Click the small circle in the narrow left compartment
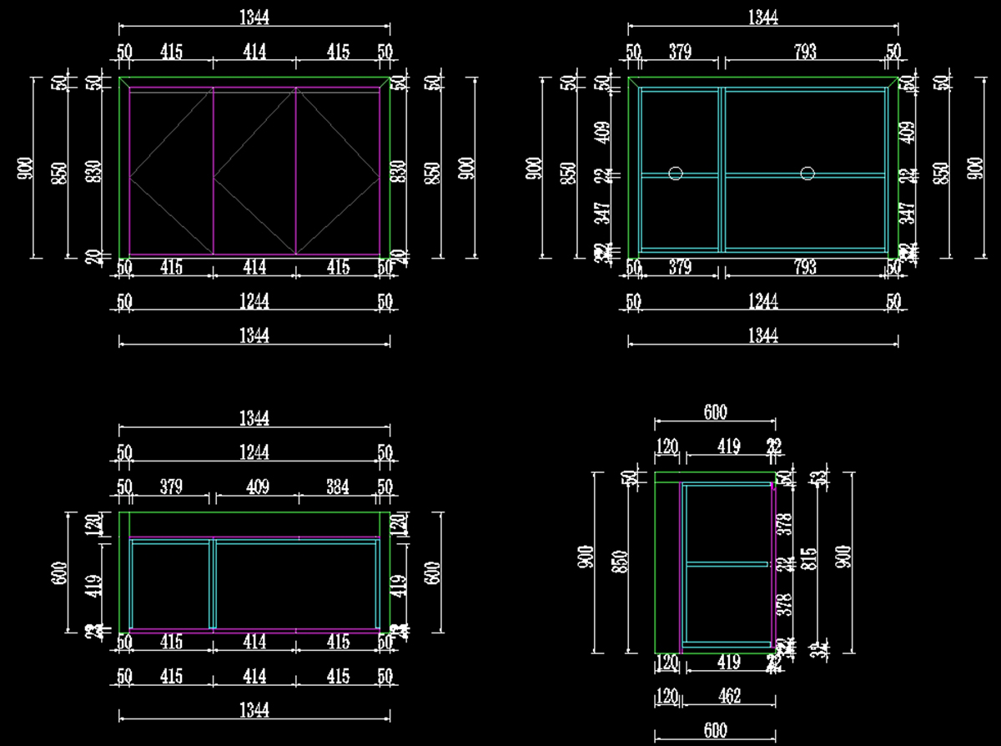pos(676,174)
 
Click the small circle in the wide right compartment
pos(807,174)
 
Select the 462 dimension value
pos(729,695)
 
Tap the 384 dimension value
pos(337,486)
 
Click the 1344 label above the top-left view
pos(254,17)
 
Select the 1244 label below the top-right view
pos(762,301)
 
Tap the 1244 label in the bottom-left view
pos(254,452)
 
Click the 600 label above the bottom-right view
pos(715,412)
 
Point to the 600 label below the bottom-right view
pos(715,730)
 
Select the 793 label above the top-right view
pos(805,52)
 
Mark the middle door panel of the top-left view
pos(254,171)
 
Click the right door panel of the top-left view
pos(338,171)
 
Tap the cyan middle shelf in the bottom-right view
pos(726,565)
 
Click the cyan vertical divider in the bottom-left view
pos(213,584)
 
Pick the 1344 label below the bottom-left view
pos(254,710)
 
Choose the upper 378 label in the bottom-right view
pos(784,524)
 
